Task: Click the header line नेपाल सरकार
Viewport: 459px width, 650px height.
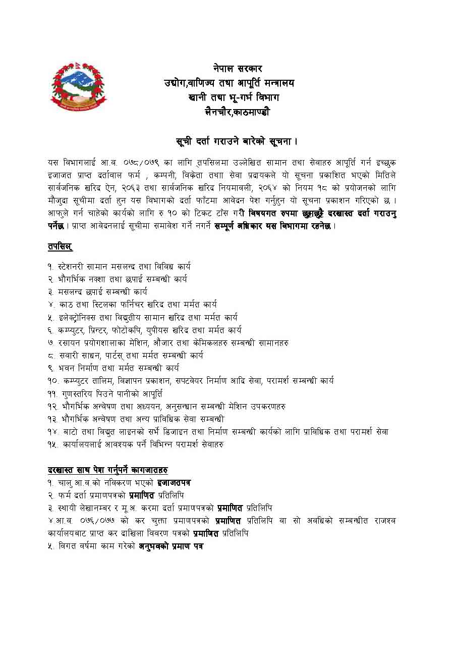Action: click(x=237, y=69)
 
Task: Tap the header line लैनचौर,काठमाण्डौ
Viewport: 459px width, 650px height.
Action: click(x=237, y=112)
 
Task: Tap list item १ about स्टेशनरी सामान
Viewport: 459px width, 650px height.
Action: click(x=119, y=266)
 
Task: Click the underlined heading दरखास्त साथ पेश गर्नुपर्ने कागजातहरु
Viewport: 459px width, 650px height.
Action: click(x=108, y=470)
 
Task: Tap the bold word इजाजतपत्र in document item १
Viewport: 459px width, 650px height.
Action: click(x=174, y=483)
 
